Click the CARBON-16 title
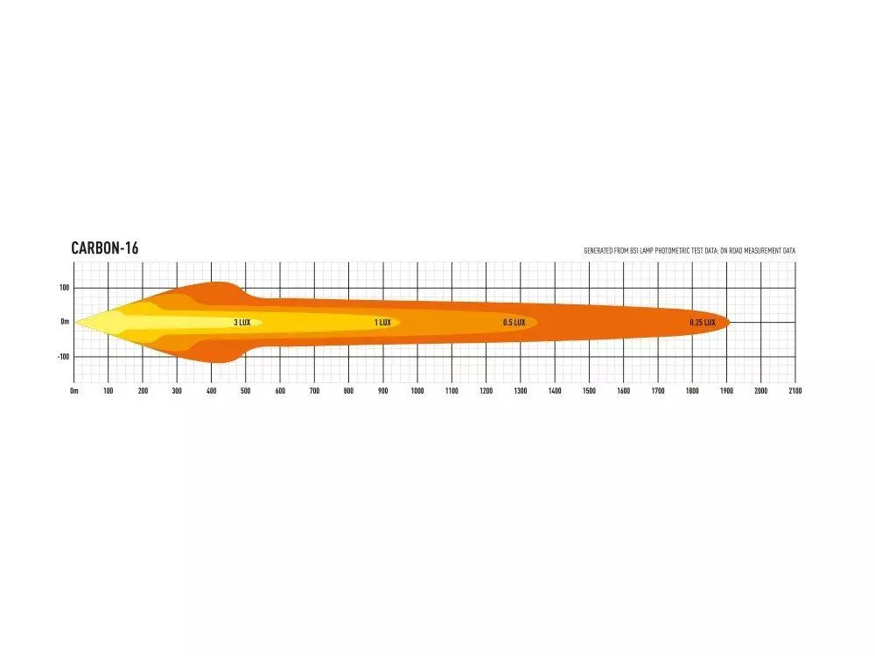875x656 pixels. pyautogui.click(x=105, y=248)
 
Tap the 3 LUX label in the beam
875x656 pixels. pyautogui.click(x=242, y=323)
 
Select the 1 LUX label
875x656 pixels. pyautogui.click(x=383, y=323)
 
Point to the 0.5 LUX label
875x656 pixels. pyautogui.click(x=514, y=323)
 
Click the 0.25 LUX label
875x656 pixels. pyautogui.click(x=703, y=323)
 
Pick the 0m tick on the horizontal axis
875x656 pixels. pyautogui.click(x=74, y=391)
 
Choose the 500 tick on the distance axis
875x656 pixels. pyautogui.click(x=246, y=391)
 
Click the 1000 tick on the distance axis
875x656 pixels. pyautogui.click(x=417, y=391)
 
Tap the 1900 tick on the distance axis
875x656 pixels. pyautogui.click(x=726, y=391)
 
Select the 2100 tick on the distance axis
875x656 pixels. pyautogui.click(x=795, y=391)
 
